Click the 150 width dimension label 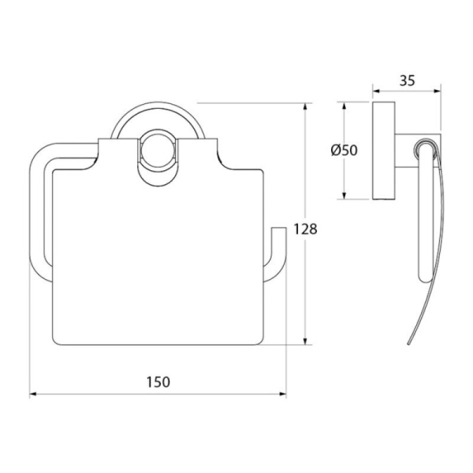coord(158,382)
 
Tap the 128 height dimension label coord(305,229)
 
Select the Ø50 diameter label coord(344,150)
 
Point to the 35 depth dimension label coord(407,80)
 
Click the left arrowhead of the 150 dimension coord(33,394)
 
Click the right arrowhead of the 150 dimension coord(283,394)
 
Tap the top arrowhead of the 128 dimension coord(305,107)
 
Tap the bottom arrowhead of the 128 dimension coord(305,341)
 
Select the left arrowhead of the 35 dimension coord(377,91)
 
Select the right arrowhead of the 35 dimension coord(437,91)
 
